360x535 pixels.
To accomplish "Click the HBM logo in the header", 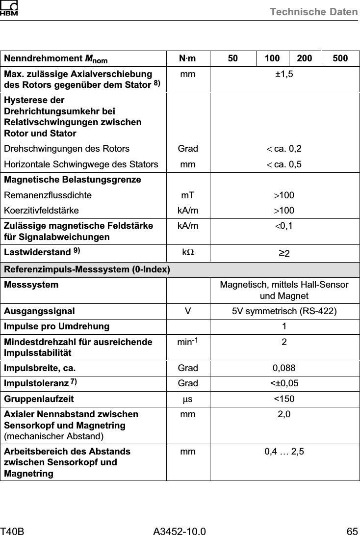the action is (x=9, y=8).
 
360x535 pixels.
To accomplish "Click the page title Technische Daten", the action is (x=314, y=11).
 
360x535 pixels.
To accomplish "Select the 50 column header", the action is (x=233, y=59).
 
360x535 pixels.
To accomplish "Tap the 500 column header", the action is (x=340, y=59).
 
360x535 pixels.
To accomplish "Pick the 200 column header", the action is (x=305, y=59).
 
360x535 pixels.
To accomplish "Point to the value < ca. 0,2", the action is (x=284, y=149).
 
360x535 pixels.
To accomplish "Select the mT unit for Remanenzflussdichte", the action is (x=188, y=195).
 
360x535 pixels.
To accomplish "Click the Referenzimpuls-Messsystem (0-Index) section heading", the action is (x=87, y=270).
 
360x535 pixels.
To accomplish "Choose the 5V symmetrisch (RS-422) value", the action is (x=284, y=311).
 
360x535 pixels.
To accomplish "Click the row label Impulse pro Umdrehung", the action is (x=57, y=326).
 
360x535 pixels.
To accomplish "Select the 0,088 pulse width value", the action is (x=284, y=368).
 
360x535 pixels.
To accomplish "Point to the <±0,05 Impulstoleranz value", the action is (x=284, y=383).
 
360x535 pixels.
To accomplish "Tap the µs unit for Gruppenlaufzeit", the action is (x=188, y=399).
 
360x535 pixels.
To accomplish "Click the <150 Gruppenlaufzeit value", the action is (x=284, y=399).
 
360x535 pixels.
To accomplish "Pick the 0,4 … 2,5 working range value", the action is (x=284, y=452).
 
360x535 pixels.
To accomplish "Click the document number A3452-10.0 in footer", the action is (x=180, y=529).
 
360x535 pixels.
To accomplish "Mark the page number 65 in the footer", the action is (x=352, y=529).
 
